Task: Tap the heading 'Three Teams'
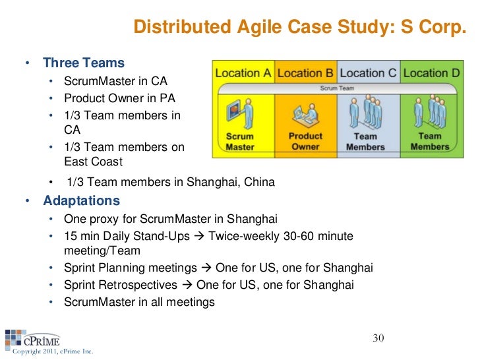pyautogui.click(x=83, y=64)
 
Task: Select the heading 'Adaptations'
pyautogui.click(x=82, y=200)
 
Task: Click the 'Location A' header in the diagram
pyautogui.click(x=243, y=73)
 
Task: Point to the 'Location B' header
pyautogui.click(x=305, y=73)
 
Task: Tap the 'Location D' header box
pyautogui.click(x=431, y=73)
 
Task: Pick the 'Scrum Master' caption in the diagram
pyautogui.click(x=240, y=142)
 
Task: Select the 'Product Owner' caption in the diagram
pyautogui.click(x=305, y=142)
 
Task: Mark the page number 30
pyautogui.click(x=378, y=338)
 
